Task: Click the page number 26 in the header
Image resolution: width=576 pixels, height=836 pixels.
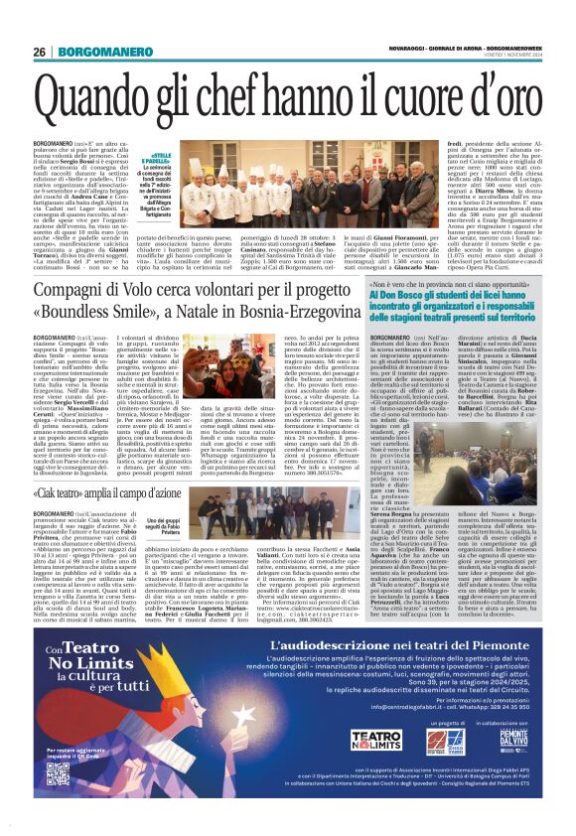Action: (39, 51)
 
